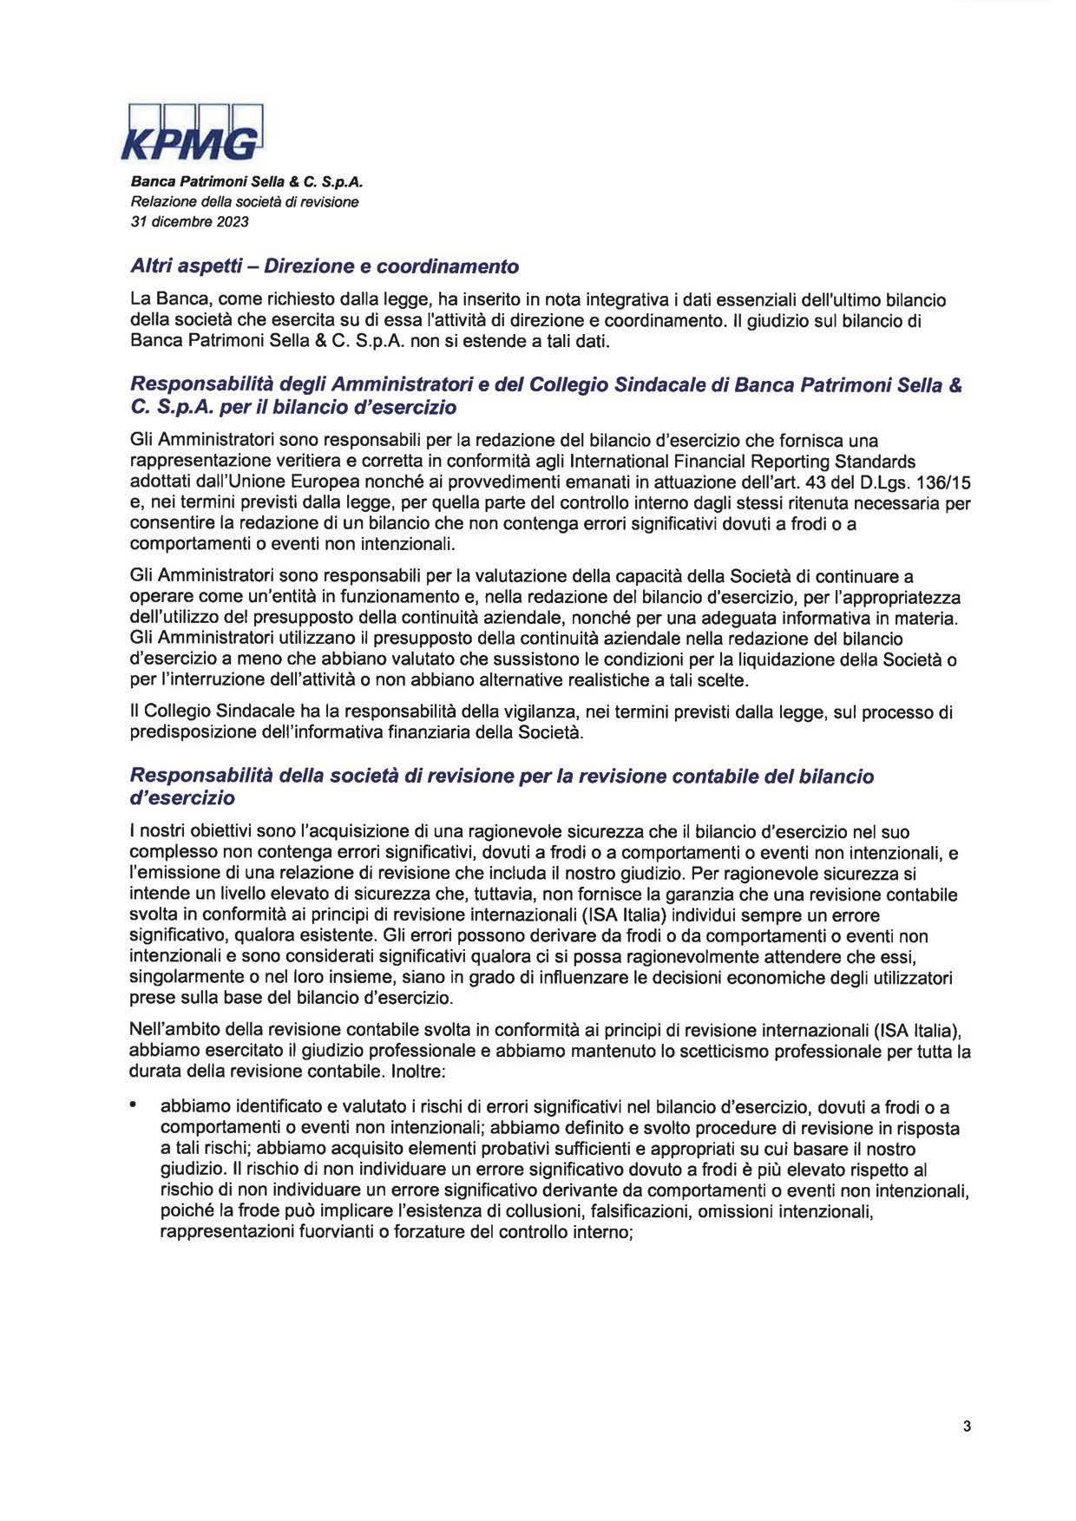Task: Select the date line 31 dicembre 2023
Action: click(189, 221)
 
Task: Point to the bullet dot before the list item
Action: click(134, 1106)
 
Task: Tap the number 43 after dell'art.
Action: click(818, 482)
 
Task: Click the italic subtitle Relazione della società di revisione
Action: click(244, 202)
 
